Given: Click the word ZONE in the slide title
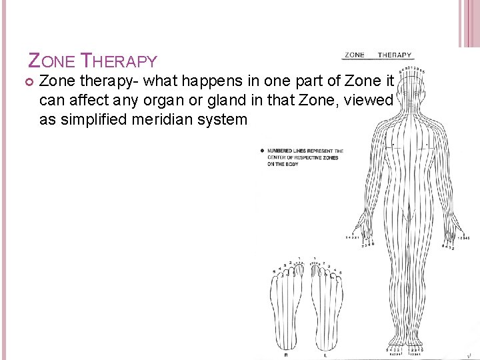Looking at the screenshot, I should pos(52,61).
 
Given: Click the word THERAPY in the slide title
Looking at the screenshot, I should pos(118,61).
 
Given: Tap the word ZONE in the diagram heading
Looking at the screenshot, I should pos(355,55).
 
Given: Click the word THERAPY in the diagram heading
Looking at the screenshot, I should pos(395,55).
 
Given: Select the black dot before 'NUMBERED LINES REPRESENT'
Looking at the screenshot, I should pos(262,151).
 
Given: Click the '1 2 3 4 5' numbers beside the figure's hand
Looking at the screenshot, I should pos(463,238).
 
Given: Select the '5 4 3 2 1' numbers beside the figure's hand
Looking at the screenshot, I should pos(353,238).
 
